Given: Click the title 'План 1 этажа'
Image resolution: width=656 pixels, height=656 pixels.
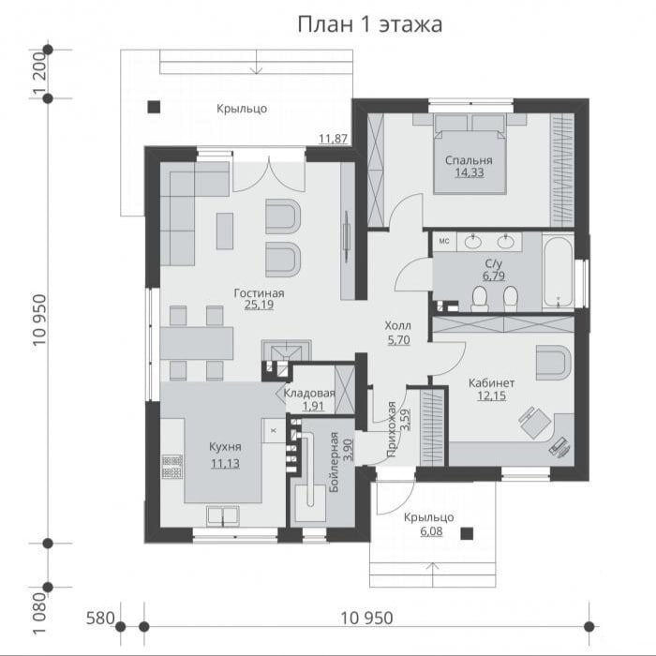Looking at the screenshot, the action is pyautogui.click(x=370, y=24).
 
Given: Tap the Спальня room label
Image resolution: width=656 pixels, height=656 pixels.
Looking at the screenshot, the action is pyautogui.click(x=469, y=160).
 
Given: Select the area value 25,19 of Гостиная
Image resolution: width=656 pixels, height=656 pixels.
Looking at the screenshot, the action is pyautogui.click(x=259, y=305).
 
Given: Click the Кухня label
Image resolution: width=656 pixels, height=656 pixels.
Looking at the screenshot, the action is pyautogui.click(x=225, y=447).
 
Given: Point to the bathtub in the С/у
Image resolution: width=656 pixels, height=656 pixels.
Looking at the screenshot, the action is pyautogui.click(x=559, y=272).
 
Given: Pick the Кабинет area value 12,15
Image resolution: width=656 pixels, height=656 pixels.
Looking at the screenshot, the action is pyautogui.click(x=492, y=395).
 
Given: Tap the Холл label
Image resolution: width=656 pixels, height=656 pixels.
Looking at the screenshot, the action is pyautogui.click(x=398, y=325).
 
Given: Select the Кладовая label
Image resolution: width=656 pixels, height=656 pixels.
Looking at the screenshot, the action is pyautogui.click(x=309, y=394).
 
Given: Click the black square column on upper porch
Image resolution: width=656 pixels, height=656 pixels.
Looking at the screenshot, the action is pyautogui.click(x=154, y=108).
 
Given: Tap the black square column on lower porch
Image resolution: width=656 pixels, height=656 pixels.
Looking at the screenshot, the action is pyautogui.click(x=467, y=533).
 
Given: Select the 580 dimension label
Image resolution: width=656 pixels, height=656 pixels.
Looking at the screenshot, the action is pyautogui.click(x=100, y=618).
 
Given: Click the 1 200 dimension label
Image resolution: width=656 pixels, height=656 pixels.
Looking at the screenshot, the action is pyautogui.click(x=39, y=74).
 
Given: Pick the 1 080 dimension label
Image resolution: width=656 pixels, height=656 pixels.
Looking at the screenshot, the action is pyautogui.click(x=39, y=614).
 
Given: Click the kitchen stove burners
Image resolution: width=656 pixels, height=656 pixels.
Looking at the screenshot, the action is pyautogui.click(x=171, y=467).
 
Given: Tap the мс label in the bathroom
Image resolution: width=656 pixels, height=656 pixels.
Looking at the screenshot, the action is pyautogui.click(x=444, y=241).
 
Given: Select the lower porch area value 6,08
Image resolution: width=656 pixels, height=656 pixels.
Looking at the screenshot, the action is pyautogui.click(x=431, y=531).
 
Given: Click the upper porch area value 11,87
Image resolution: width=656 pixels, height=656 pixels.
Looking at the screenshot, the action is pyautogui.click(x=334, y=139).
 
